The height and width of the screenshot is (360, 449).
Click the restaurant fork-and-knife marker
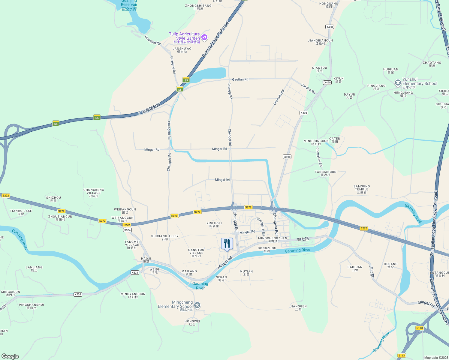[x=227, y=244]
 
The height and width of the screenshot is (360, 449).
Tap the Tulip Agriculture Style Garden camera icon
[x=204, y=37]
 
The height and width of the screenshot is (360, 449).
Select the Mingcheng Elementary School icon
[x=197, y=305]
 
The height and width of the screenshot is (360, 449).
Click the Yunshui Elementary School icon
[x=398, y=83]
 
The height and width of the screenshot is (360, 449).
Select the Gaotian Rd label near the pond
[x=240, y=79]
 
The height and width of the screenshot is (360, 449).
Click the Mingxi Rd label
[x=222, y=180]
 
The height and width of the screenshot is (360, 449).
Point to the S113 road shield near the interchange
[x=420, y=328]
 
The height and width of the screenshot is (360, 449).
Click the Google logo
[x=10, y=356]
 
